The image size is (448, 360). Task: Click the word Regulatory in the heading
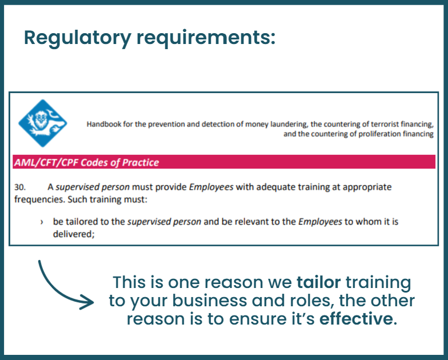point(78,38)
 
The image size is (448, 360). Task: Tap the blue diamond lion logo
point(43,123)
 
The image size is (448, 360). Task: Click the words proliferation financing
point(396,134)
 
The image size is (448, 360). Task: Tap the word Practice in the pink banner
point(141,162)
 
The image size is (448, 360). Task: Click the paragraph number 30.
point(20,187)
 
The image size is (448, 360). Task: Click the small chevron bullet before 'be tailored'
point(42,222)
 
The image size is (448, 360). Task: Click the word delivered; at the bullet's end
point(74,234)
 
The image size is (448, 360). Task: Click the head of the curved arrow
point(87,302)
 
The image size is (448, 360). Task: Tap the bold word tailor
point(319,282)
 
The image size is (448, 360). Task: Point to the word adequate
point(275,187)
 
